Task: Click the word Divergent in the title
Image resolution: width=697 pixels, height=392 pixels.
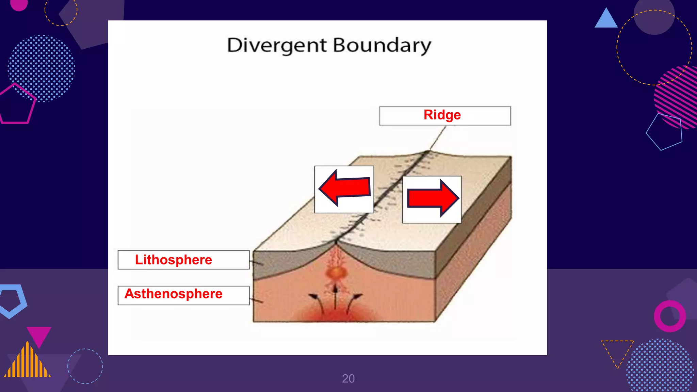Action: click(277, 45)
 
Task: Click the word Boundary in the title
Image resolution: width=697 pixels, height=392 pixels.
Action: click(382, 45)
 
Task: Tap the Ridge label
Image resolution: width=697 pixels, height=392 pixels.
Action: click(442, 115)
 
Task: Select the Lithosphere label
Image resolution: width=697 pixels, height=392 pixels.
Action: click(174, 260)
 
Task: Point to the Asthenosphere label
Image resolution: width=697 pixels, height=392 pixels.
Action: click(174, 294)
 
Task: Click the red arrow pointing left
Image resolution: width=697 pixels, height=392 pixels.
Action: click(344, 188)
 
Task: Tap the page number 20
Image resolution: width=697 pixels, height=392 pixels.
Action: click(348, 378)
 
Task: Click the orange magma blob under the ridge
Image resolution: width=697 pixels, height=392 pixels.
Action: click(336, 273)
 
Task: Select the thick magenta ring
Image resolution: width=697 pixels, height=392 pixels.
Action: click(669, 316)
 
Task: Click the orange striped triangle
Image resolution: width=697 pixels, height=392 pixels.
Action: click(27, 362)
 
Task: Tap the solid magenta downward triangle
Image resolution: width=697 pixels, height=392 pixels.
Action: click(39, 336)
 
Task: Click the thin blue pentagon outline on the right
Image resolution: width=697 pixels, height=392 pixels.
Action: click(665, 132)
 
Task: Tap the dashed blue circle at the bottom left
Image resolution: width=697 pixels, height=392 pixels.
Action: click(85, 366)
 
